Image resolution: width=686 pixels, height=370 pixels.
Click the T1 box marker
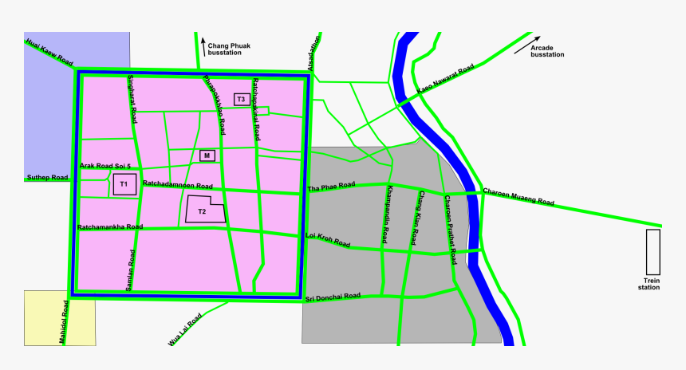[x=124, y=184]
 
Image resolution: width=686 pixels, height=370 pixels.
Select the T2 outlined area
[x=203, y=210]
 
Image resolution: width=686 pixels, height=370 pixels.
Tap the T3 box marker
[x=240, y=99]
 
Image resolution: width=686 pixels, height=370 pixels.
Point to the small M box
[x=207, y=155]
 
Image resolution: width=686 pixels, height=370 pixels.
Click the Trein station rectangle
[x=652, y=253]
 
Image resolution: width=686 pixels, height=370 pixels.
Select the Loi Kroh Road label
[x=328, y=239]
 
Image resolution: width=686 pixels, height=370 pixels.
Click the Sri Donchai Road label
[x=333, y=297]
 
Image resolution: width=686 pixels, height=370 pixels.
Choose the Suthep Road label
[x=48, y=178]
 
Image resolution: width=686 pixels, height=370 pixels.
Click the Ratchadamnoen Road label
[x=177, y=185]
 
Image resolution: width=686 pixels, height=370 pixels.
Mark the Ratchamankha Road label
[x=110, y=227]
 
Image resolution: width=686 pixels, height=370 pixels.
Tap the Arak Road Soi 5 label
[x=104, y=166]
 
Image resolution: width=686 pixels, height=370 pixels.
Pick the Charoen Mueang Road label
[x=518, y=196]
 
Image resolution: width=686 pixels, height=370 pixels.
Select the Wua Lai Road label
[x=184, y=329]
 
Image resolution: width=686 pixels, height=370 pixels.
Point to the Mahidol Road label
[x=63, y=322]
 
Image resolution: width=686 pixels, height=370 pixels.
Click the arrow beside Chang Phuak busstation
[x=203, y=45]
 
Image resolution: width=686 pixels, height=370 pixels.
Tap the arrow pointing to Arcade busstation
[x=526, y=45]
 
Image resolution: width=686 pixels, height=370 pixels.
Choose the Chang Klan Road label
[x=416, y=218]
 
